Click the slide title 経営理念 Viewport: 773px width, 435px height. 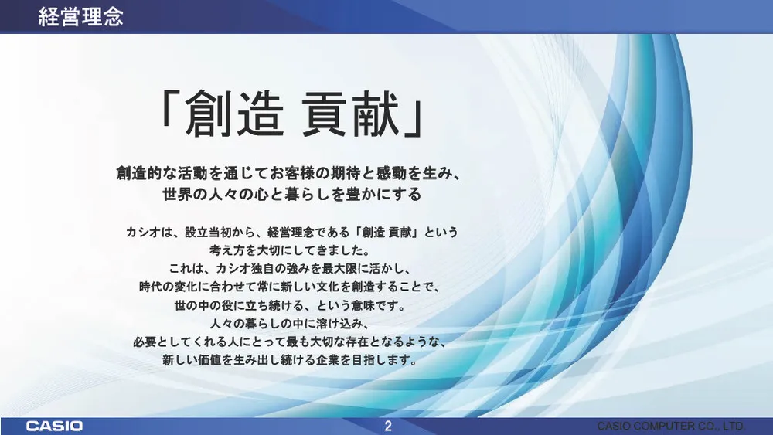[80, 16]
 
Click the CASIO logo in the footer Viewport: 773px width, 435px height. [54, 427]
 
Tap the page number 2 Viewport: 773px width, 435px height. [388, 427]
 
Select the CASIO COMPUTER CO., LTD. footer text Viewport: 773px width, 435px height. [671, 427]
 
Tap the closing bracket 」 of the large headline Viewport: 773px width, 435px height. [415, 115]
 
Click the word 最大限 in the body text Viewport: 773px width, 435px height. [329, 269]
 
